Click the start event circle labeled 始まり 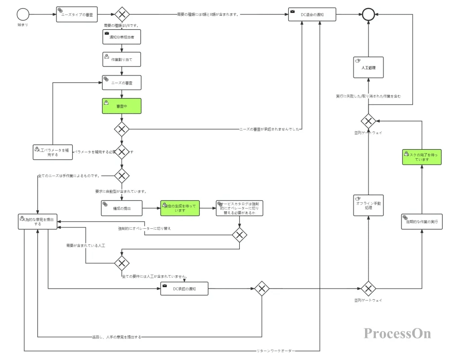[x=23, y=14]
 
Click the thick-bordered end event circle [x=368, y=14]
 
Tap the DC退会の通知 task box [x=312, y=14]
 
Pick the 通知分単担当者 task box [x=121, y=37]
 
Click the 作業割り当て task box [x=121, y=59]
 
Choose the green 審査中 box [x=121, y=106]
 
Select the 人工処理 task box [x=368, y=67]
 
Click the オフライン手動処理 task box [x=368, y=205]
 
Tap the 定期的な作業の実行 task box [x=422, y=222]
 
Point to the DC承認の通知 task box [x=184, y=288]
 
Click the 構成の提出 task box [x=121, y=208]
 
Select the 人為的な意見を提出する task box [x=38, y=221]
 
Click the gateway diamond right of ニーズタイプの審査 [x=121, y=14]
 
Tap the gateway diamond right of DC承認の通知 [x=261, y=288]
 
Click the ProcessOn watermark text [x=397, y=333]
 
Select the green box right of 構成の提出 [x=180, y=208]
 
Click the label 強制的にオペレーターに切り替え [x=144, y=228]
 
